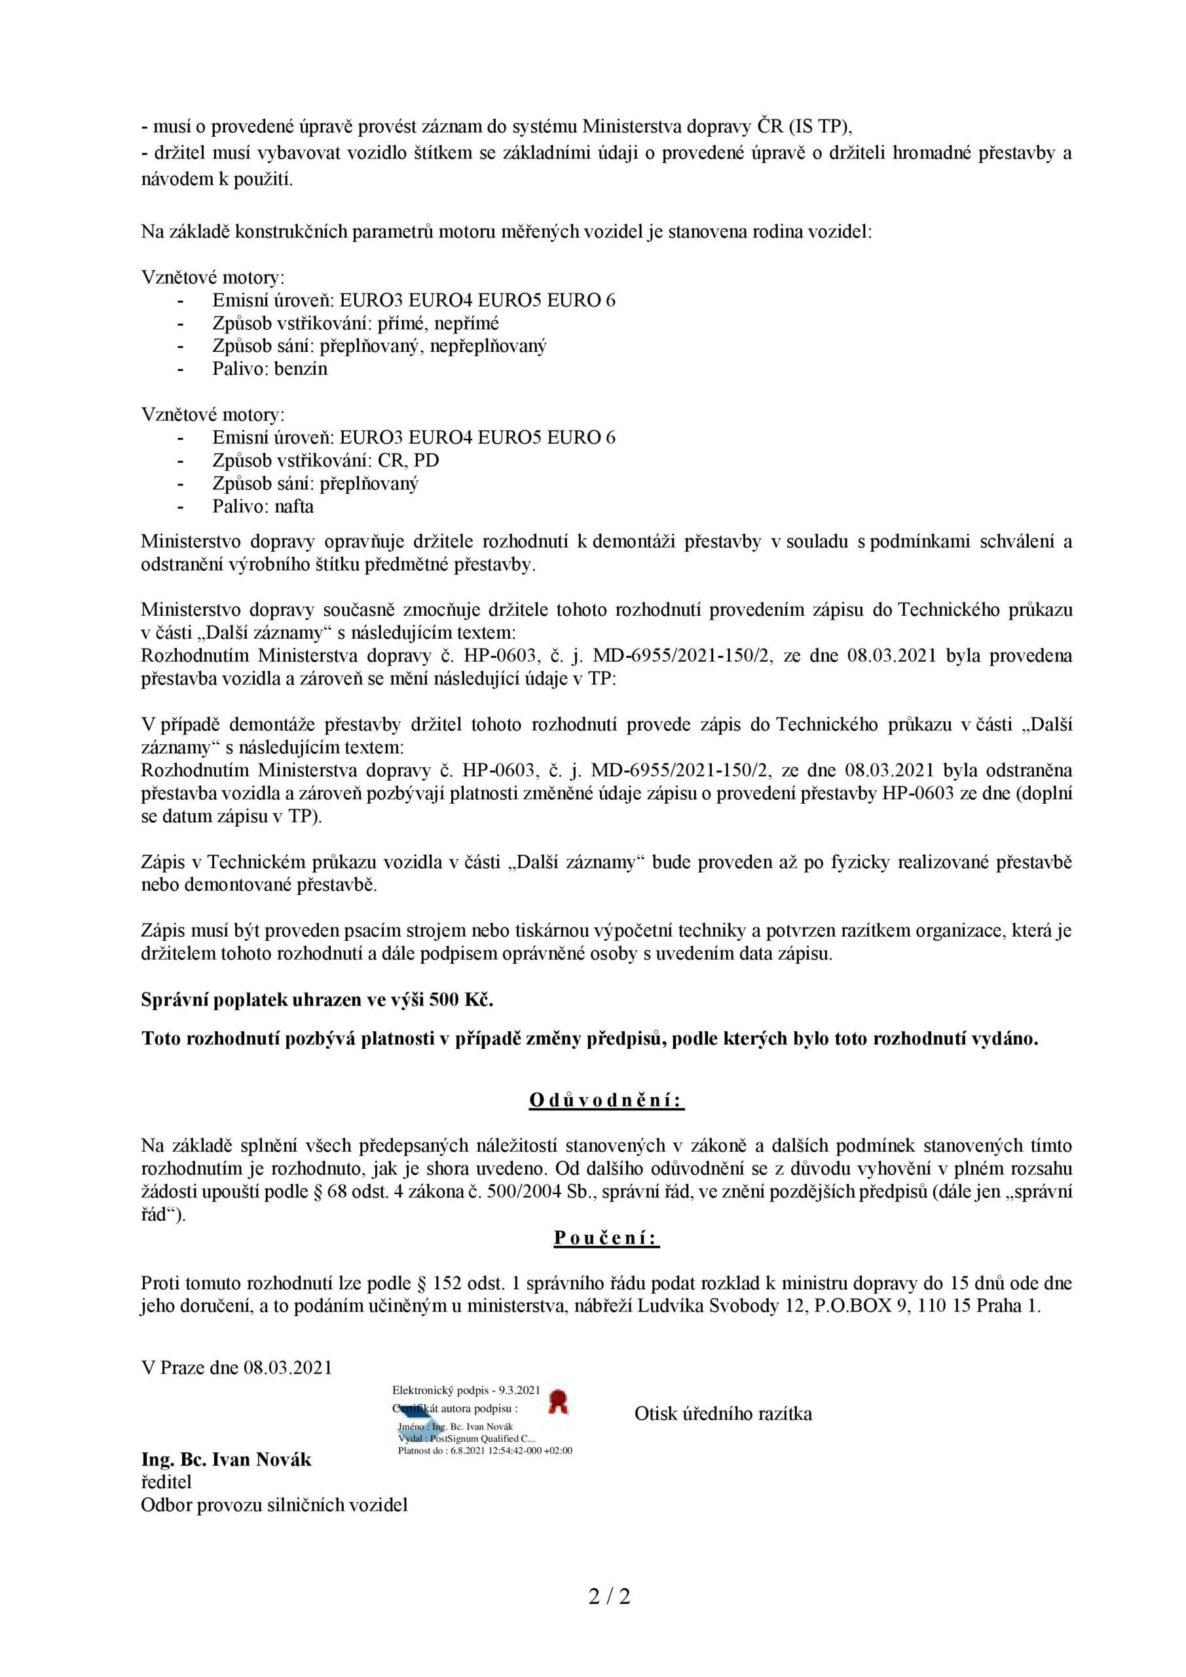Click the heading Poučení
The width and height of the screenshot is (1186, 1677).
click(x=606, y=1237)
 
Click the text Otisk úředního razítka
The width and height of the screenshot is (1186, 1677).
click(x=723, y=1413)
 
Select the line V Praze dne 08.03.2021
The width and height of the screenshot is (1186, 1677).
click(x=236, y=1367)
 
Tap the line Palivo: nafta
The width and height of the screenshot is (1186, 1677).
click(x=263, y=506)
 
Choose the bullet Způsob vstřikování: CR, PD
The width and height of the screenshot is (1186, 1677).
click(x=325, y=461)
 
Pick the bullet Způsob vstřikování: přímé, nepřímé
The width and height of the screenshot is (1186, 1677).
click(x=356, y=323)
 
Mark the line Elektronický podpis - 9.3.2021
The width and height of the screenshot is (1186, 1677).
click(x=466, y=1390)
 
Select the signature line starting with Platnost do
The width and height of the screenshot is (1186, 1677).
click(x=485, y=1450)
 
